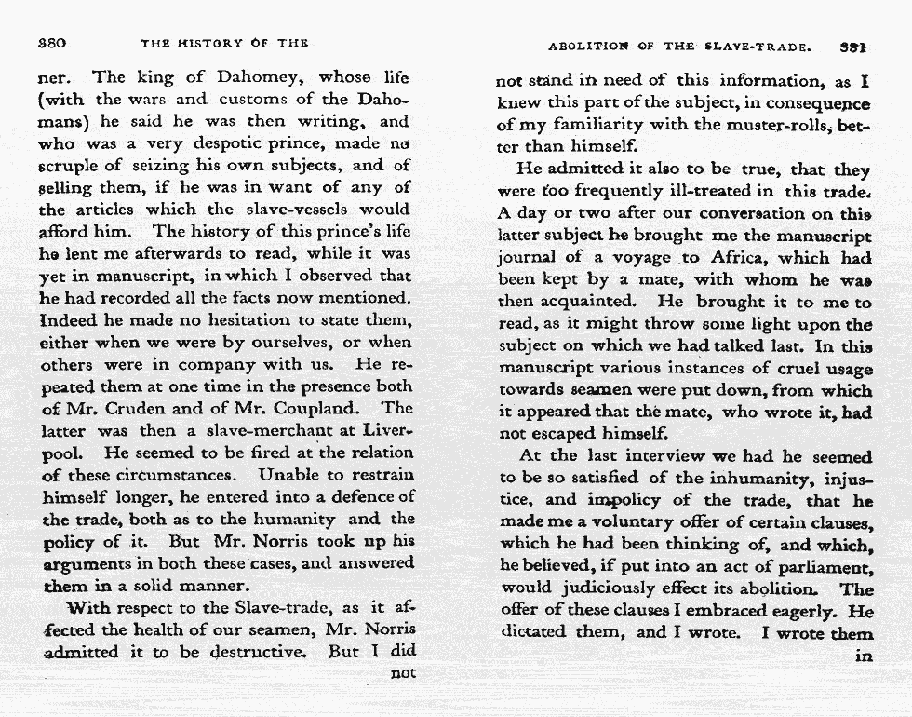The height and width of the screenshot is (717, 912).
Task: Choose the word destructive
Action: [x=262, y=651]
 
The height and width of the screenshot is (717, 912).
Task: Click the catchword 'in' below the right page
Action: [x=864, y=656]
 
